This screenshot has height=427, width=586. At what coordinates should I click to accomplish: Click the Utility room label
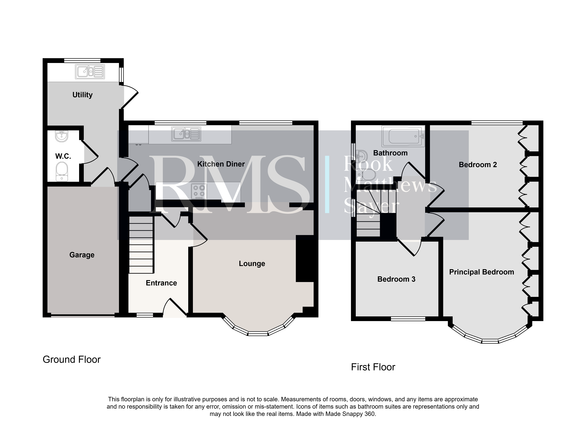(82, 95)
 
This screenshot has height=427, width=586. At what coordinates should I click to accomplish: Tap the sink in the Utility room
(90, 72)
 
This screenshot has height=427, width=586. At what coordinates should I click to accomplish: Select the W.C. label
(63, 156)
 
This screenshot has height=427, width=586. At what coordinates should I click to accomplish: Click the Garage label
(82, 255)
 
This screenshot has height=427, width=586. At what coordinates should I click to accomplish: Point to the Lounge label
(252, 264)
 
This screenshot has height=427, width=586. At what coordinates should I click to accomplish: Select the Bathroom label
(390, 153)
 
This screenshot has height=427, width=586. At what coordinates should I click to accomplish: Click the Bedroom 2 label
(478, 165)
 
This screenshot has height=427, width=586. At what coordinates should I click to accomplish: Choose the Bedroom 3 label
(396, 279)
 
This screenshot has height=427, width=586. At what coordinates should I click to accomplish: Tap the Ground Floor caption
(71, 359)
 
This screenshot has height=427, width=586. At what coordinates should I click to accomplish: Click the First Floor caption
(373, 367)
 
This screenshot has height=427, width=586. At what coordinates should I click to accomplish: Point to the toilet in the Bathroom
(365, 174)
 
